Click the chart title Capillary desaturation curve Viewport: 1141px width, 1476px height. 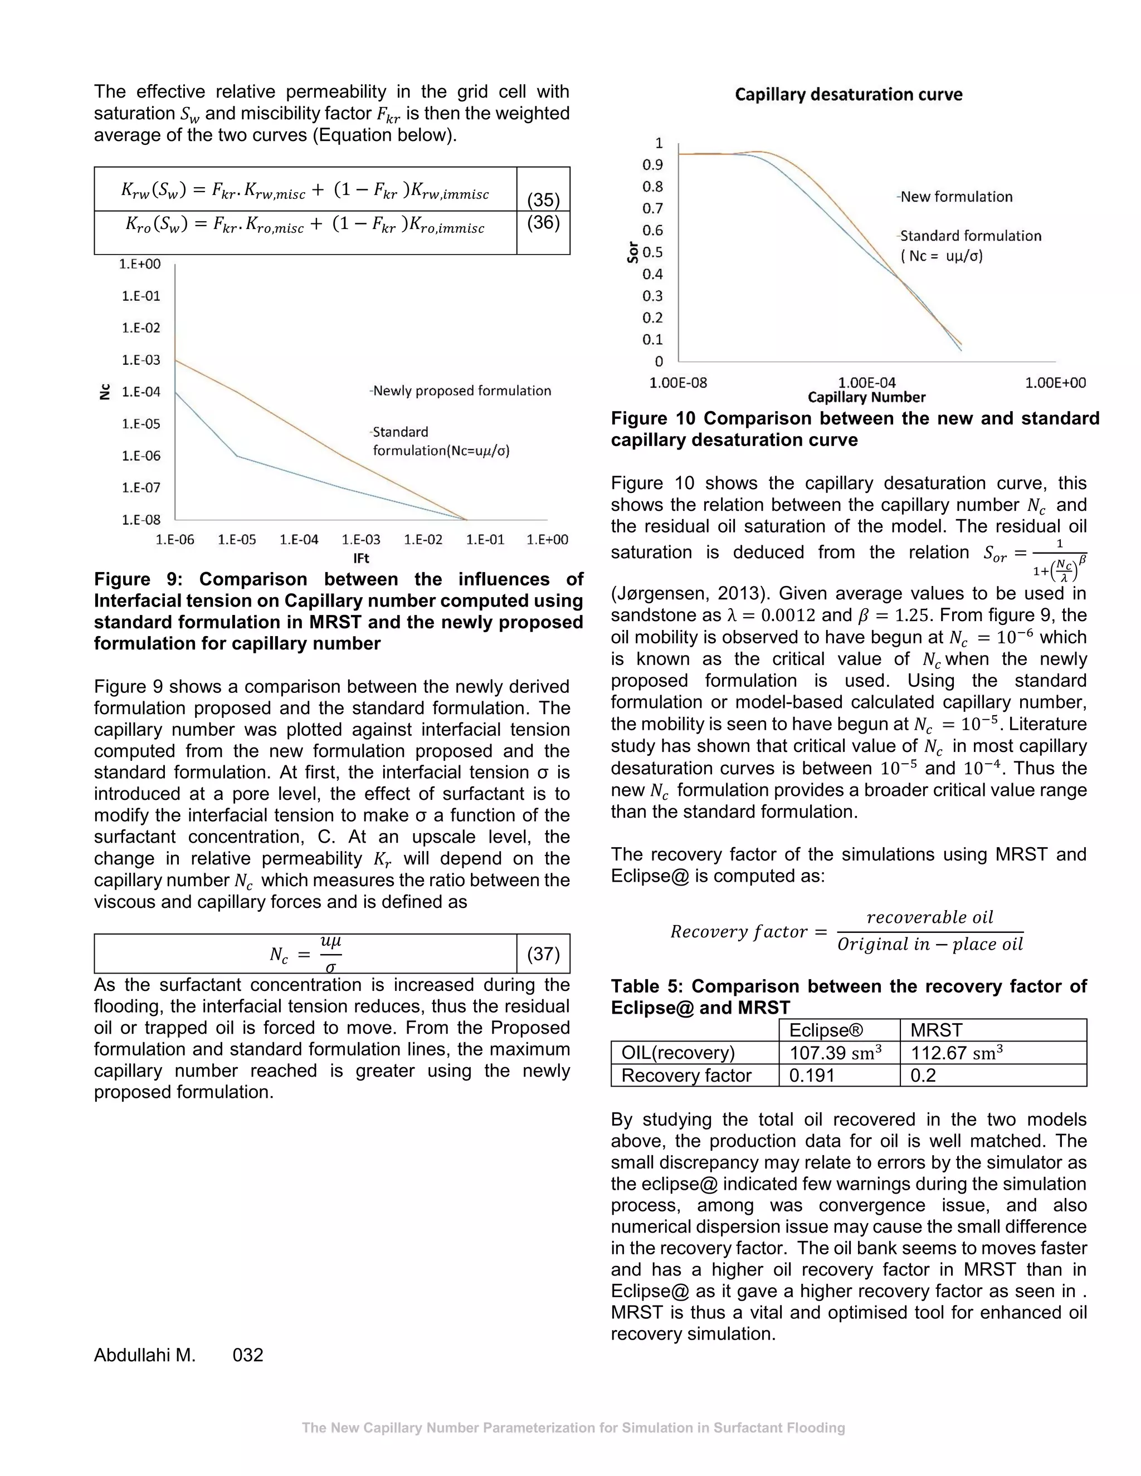849,95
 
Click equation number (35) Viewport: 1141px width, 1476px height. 543,200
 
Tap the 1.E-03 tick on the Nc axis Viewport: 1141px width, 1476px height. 142,360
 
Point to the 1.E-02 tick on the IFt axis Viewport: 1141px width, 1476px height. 423,539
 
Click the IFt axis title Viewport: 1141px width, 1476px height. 361,558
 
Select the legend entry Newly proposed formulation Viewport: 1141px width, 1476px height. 462,390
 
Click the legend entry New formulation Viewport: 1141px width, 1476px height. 956,197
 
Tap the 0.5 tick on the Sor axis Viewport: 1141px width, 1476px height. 652,252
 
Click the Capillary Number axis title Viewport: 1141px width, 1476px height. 866,397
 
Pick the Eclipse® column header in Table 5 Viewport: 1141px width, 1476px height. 826,1030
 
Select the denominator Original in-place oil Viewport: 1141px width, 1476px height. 930,944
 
